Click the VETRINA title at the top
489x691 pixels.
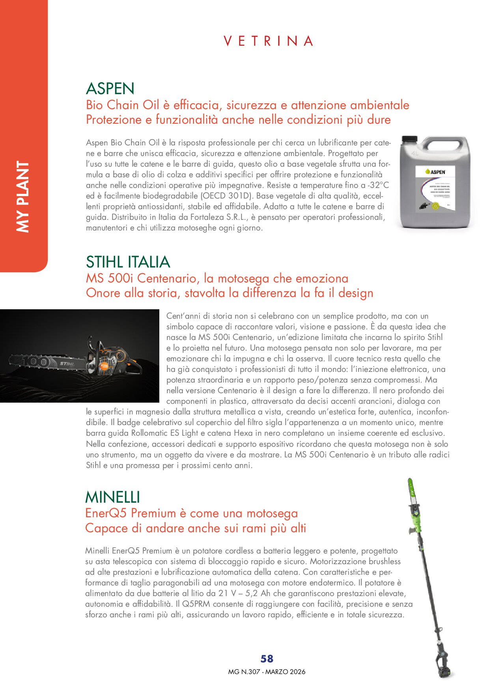click(x=268, y=41)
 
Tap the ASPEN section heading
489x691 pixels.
click(x=110, y=89)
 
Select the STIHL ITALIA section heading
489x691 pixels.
click(x=128, y=262)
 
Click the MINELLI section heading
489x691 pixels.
click(x=112, y=497)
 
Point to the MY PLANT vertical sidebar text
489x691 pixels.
click(x=23, y=197)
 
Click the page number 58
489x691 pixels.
click(x=267, y=659)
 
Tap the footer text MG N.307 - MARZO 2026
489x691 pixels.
click(x=267, y=672)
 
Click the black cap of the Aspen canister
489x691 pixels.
click(x=409, y=139)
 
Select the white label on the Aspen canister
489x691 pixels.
click(x=435, y=188)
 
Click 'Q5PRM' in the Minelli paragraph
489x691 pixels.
click(x=196, y=604)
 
